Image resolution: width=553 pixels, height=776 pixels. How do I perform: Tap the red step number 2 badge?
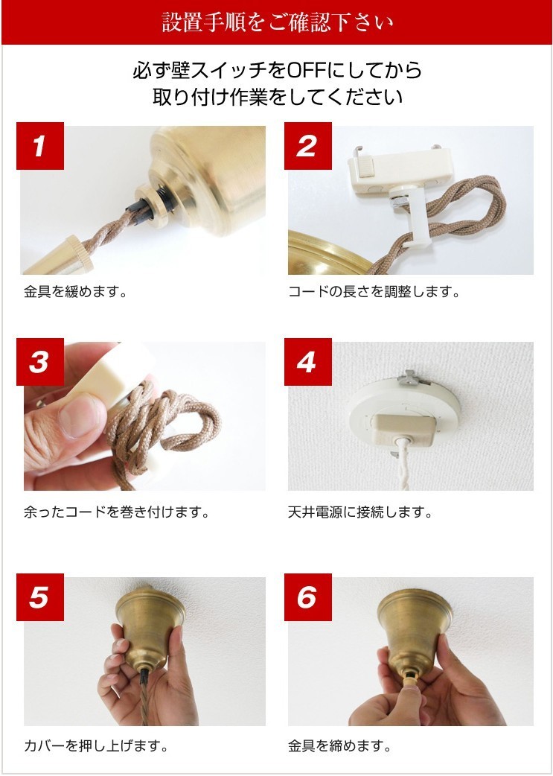(x=307, y=146)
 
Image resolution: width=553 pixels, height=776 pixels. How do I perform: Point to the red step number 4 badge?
(x=307, y=362)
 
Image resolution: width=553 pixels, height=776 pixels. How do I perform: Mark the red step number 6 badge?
(x=307, y=597)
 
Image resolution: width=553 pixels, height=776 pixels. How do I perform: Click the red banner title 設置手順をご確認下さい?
(x=277, y=22)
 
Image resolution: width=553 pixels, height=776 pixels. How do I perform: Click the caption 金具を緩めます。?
(x=76, y=291)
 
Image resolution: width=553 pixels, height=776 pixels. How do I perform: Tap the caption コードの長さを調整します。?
(x=374, y=291)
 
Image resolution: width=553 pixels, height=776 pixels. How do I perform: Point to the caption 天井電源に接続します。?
(x=359, y=512)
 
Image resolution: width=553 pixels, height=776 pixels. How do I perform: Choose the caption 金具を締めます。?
(x=339, y=745)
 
